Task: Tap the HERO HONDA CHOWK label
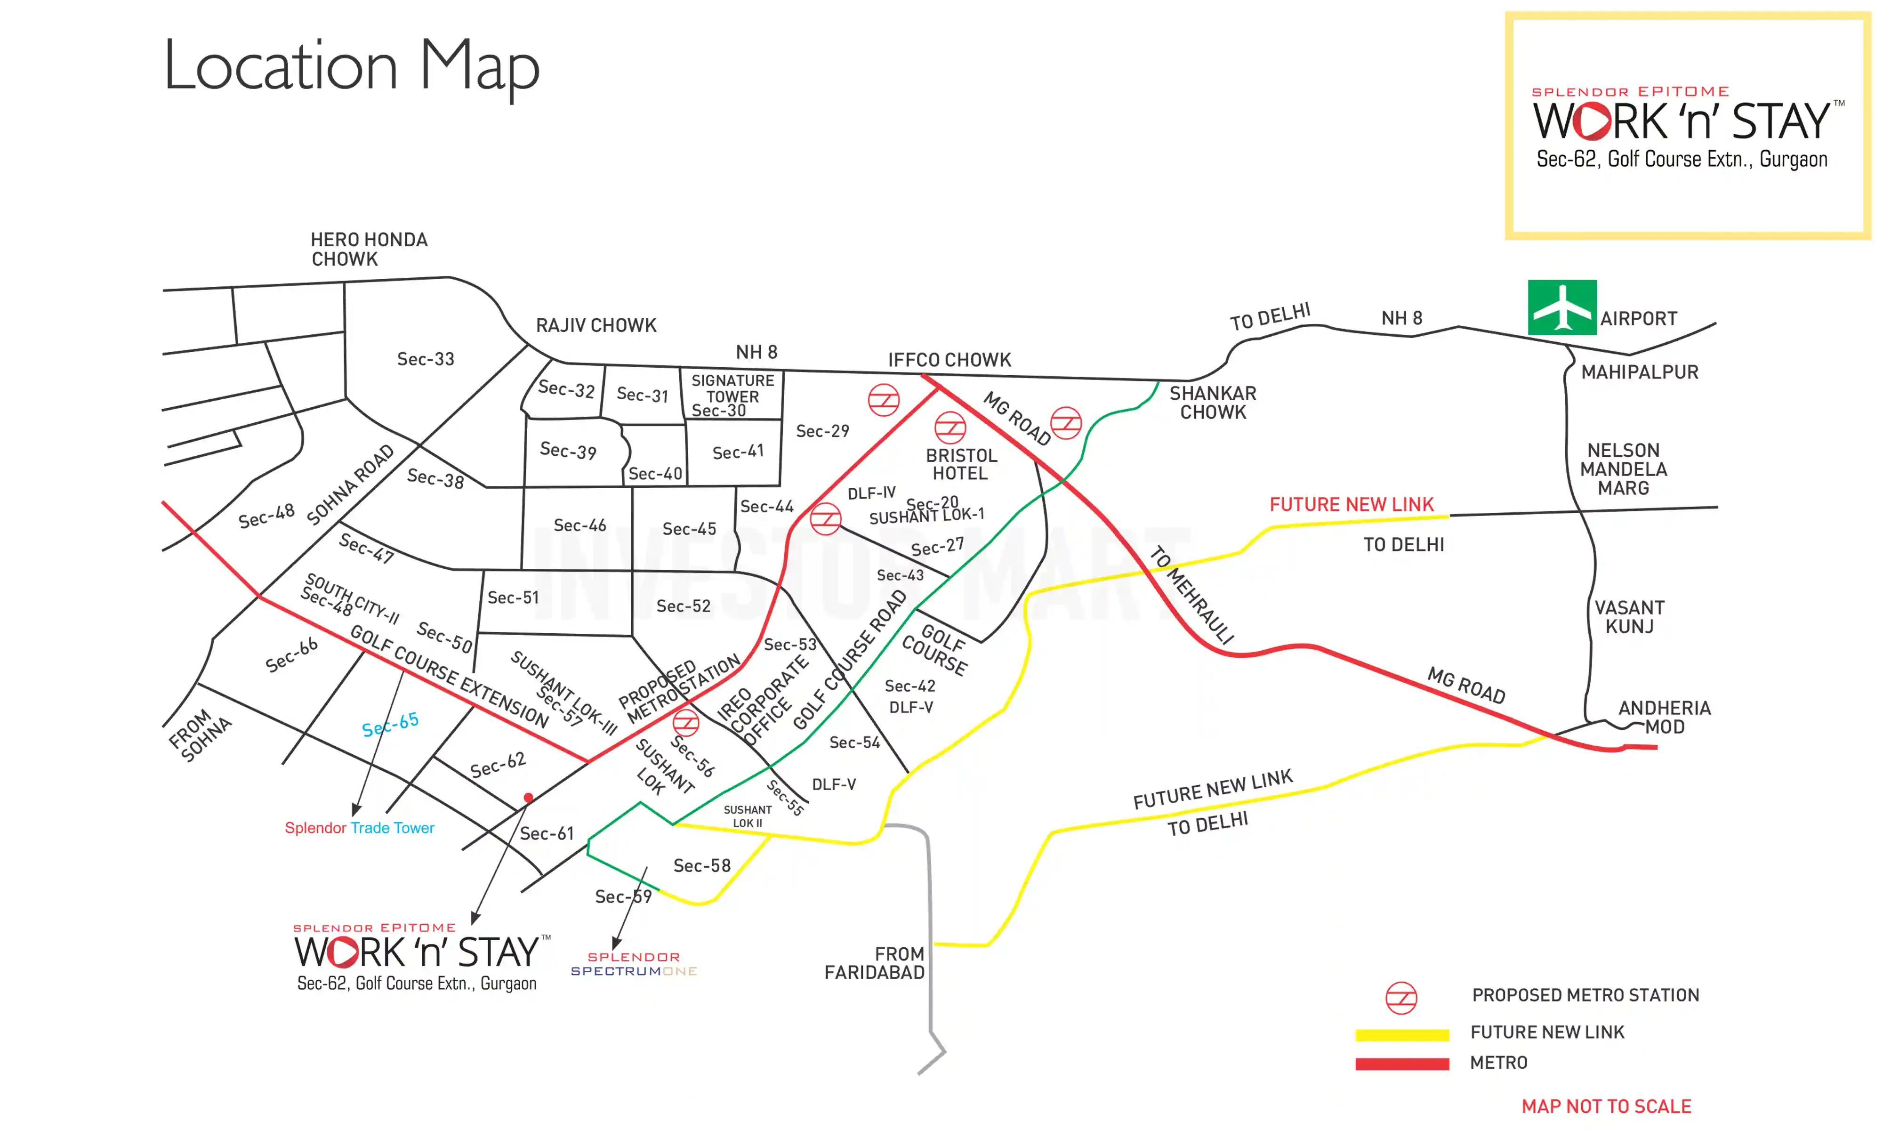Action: [x=369, y=249]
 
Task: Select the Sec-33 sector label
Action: [x=426, y=359]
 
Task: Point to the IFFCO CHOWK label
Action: [x=949, y=359]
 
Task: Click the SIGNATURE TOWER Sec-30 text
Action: [x=732, y=395]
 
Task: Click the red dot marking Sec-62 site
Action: [x=528, y=797]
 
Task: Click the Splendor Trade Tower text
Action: [x=359, y=828]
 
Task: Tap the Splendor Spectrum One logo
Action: [x=633, y=963]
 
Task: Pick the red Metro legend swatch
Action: [x=1401, y=1064]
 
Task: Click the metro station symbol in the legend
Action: [x=1400, y=998]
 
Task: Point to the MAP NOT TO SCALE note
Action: [x=1606, y=1106]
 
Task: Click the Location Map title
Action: [x=352, y=66]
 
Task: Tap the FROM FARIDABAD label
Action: [x=875, y=963]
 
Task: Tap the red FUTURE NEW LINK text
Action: [x=1351, y=504]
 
